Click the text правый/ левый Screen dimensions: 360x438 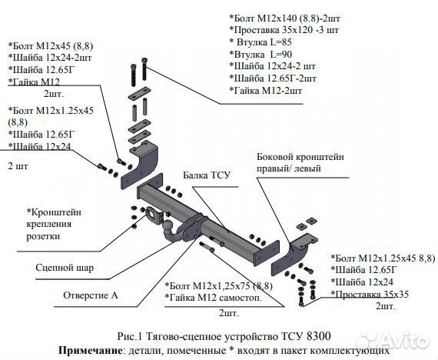289,168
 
